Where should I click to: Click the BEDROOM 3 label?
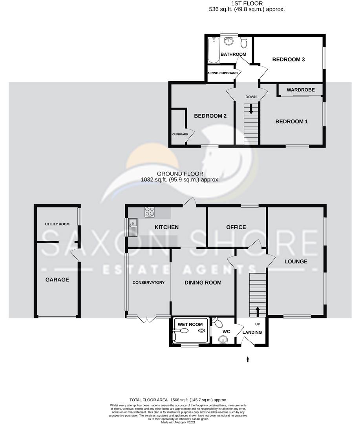(289, 60)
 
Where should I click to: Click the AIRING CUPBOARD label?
(222, 73)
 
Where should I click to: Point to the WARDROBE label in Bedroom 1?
(301, 90)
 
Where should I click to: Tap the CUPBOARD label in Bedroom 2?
(180, 134)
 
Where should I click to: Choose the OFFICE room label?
(236, 227)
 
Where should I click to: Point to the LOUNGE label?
(296, 261)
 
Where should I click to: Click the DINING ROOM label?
(203, 283)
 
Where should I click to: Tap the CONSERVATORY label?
(148, 283)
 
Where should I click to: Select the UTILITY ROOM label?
(57, 224)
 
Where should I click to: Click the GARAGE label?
(57, 280)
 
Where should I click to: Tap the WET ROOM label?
(190, 324)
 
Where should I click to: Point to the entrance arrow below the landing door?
(247, 358)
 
